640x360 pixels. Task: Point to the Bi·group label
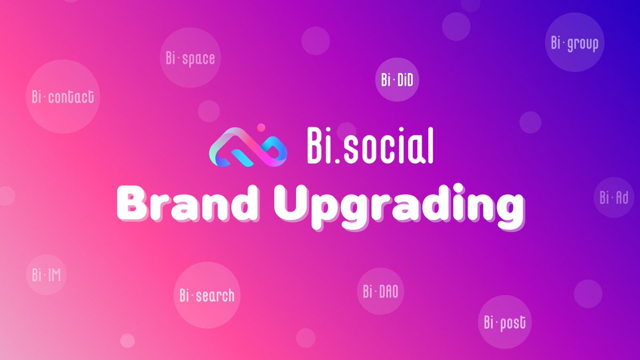click(574, 43)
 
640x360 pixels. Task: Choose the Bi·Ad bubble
click(614, 198)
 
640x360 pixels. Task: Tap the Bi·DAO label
click(380, 291)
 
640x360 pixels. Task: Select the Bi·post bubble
click(505, 322)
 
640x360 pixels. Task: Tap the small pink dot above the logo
click(261, 127)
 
